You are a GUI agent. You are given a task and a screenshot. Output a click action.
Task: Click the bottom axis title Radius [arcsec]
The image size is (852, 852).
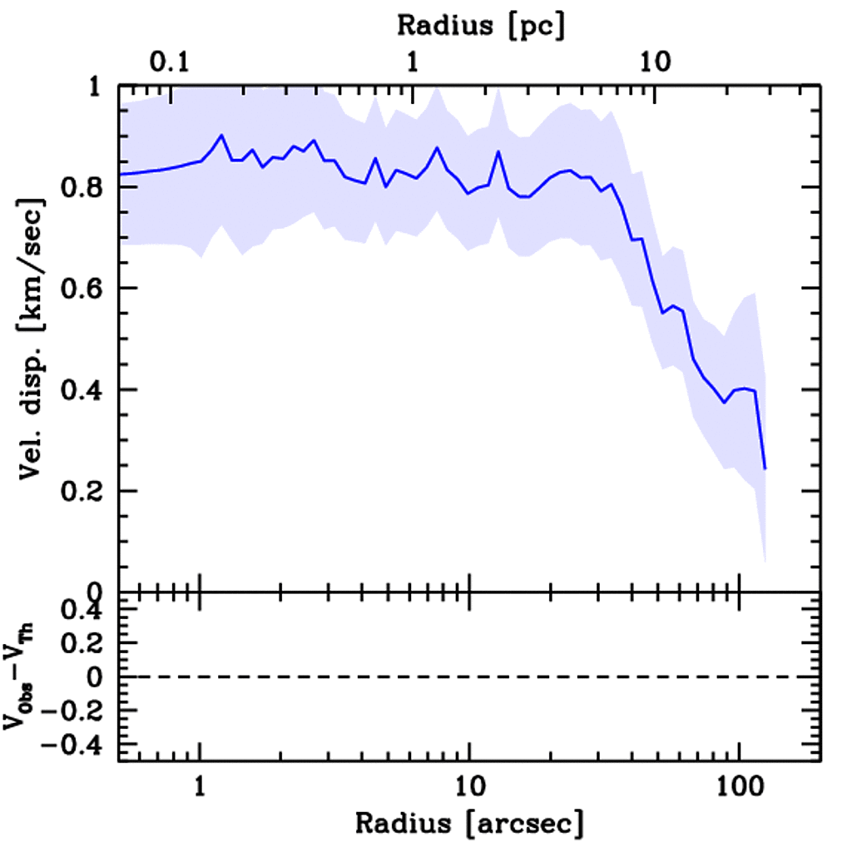pos(469,824)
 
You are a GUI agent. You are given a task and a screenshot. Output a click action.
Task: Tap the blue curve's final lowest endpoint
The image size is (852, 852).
pos(765,468)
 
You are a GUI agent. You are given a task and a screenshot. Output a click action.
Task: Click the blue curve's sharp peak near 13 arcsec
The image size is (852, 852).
pos(498,151)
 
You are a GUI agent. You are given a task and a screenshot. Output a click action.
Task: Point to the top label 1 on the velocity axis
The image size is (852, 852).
pos(100,87)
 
